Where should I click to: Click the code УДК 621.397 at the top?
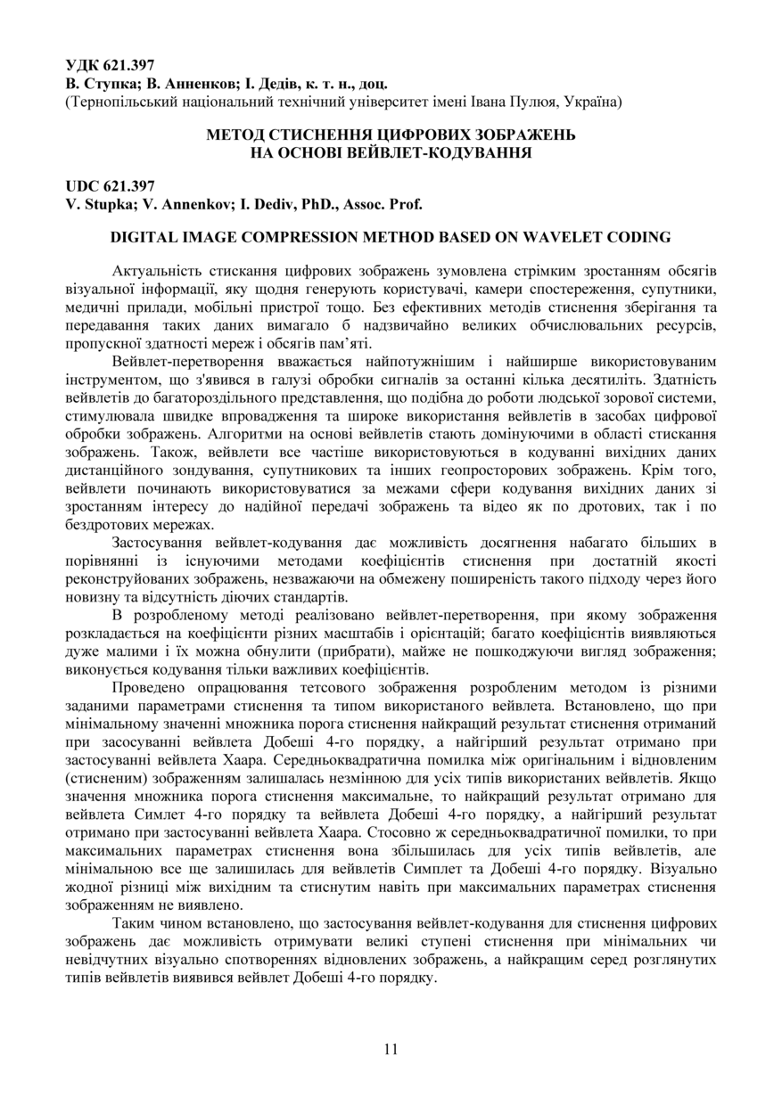click(x=110, y=65)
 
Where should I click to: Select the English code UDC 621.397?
click(x=110, y=186)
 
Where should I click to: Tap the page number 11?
click(x=391, y=1049)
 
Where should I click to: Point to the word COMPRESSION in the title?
click(x=281, y=238)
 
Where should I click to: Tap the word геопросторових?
click(x=544, y=471)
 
